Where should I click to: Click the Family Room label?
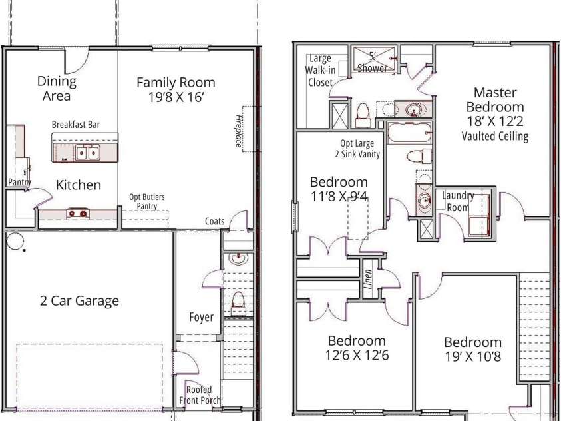pos(176,83)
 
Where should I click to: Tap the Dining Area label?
pos(57,89)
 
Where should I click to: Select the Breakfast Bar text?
pos(76,125)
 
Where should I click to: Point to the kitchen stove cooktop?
pos(78,213)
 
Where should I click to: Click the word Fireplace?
pos(239,131)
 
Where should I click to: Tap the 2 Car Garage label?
pos(79,300)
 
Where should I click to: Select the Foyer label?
pos(201,317)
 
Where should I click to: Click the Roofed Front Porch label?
pos(200,395)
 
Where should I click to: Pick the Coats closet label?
pos(214,222)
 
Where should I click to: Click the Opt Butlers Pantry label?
pos(147,201)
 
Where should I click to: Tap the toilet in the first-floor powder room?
pos(238,303)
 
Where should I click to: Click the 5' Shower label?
pos(372,62)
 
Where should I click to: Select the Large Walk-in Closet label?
pos(320,70)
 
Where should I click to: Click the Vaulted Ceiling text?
pos(495,136)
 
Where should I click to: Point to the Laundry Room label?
pos(458,201)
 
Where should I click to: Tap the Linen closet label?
pos(368,279)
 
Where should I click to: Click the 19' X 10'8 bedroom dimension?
pos(472,356)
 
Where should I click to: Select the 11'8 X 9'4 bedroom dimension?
pos(339,197)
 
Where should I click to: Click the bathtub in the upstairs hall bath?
pos(409,133)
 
